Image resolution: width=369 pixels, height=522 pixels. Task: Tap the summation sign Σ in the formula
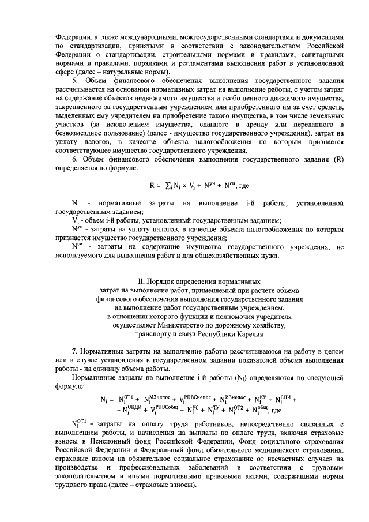168,186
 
